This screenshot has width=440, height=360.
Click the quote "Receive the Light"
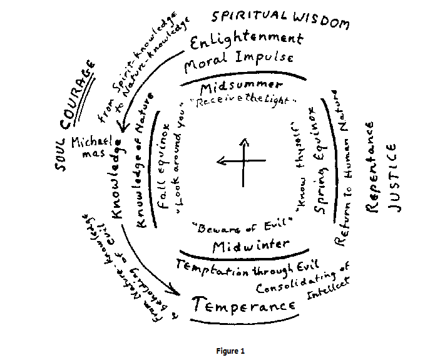[x=245, y=101]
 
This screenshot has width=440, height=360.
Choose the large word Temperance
[x=245, y=305]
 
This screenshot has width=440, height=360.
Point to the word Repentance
[x=371, y=168]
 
